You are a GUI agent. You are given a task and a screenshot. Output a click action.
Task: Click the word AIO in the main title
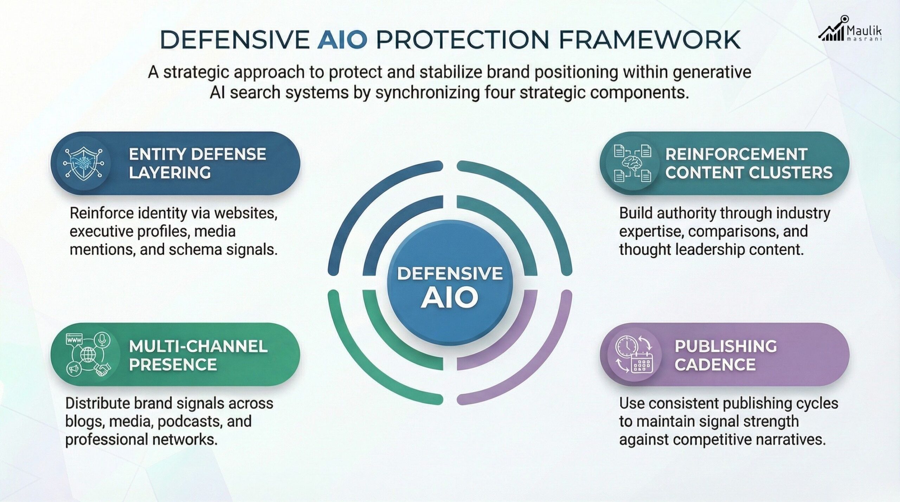(x=342, y=39)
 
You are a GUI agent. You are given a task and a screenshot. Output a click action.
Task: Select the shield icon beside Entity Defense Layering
(x=82, y=164)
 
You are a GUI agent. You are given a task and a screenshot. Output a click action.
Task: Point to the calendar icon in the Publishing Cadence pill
(x=642, y=366)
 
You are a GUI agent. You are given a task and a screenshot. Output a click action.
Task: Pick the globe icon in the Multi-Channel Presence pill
(x=86, y=355)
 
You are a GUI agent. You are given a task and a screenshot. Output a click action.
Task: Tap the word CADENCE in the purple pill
(x=715, y=365)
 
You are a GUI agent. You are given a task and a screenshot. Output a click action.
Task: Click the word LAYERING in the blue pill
(x=170, y=173)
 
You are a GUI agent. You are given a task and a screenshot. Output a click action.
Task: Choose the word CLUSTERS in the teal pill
(x=791, y=173)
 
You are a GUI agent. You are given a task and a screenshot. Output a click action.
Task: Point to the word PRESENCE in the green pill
(x=173, y=365)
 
